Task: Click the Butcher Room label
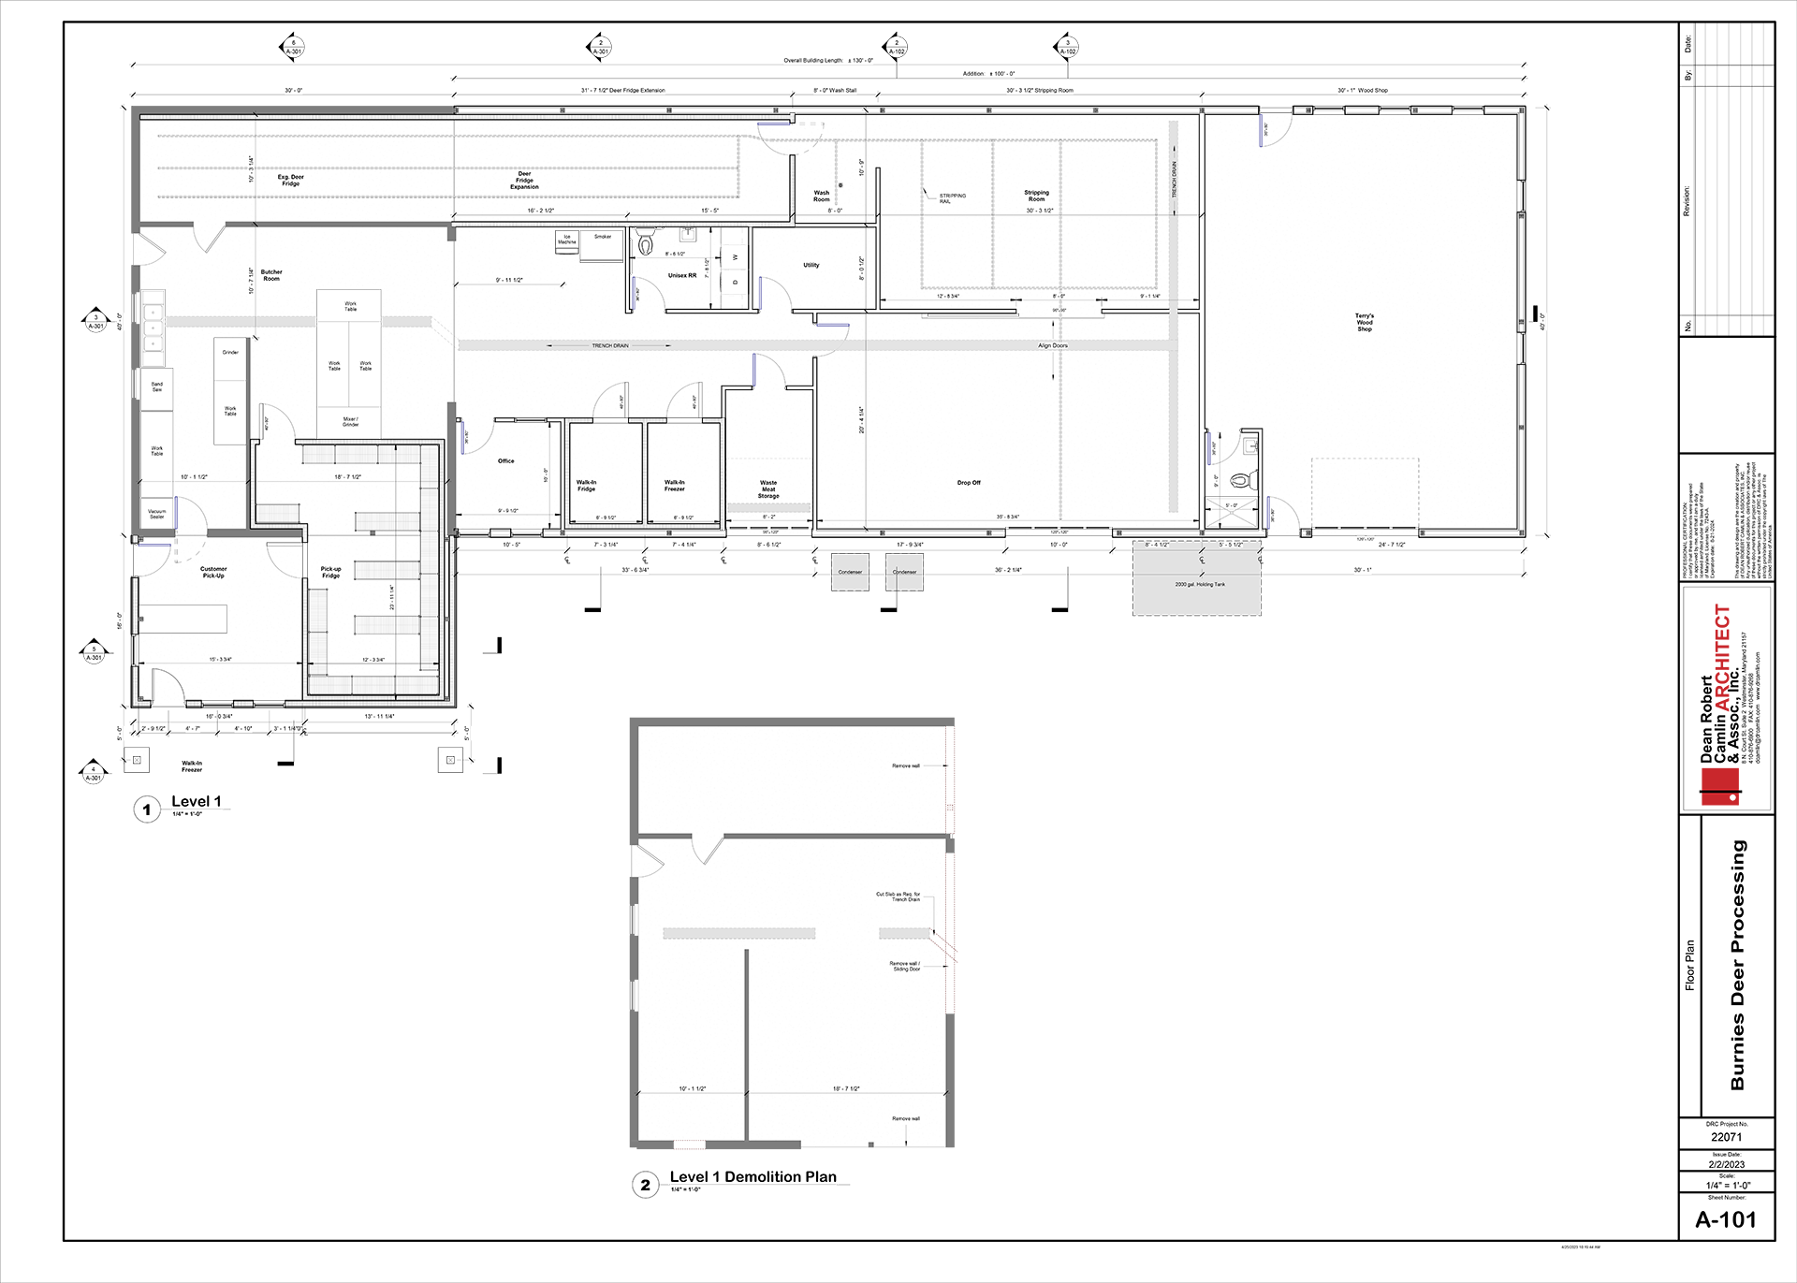(x=271, y=275)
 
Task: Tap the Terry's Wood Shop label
(x=1365, y=322)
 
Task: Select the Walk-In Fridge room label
(x=586, y=486)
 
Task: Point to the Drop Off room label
(x=969, y=483)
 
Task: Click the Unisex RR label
(x=681, y=275)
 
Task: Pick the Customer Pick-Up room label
(x=213, y=572)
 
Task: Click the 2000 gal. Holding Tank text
(x=1200, y=584)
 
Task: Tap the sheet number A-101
(x=1726, y=1219)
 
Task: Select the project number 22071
(x=1726, y=1137)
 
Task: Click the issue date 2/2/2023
(x=1726, y=1164)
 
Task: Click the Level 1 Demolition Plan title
(x=752, y=1176)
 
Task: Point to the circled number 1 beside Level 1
(x=147, y=809)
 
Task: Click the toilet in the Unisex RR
(x=645, y=244)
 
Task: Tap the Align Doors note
(x=1052, y=345)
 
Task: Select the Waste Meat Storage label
(x=768, y=489)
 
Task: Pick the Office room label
(x=505, y=460)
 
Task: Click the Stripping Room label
(x=1036, y=196)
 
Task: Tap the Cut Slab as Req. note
(x=898, y=896)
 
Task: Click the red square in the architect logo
(x=1719, y=786)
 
